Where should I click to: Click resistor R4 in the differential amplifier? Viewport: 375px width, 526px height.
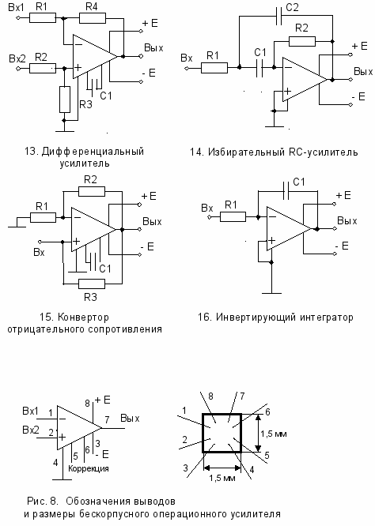tap(93, 18)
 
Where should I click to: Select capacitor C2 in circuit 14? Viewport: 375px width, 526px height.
tap(279, 16)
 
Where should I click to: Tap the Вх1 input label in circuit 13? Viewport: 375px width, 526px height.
tap(16, 7)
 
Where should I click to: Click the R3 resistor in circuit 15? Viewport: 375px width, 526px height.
tap(92, 284)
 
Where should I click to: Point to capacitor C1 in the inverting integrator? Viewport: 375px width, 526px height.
tap(286, 191)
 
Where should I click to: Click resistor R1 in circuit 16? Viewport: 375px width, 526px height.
tap(233, 216)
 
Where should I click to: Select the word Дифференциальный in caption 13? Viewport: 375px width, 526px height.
tap(93, 152)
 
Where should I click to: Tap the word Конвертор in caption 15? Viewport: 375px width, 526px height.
tap(83, 317)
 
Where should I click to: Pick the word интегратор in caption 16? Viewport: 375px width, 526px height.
tap(322, 317)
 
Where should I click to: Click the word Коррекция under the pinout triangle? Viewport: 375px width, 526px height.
tap(89, 468)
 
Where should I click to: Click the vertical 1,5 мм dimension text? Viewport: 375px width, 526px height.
tap(274, 434)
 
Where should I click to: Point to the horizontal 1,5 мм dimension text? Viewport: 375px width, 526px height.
tap(222, 478)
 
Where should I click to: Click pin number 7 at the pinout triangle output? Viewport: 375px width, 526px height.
tap(107, 419)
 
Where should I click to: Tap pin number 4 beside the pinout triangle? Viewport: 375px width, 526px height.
tap(55, 463)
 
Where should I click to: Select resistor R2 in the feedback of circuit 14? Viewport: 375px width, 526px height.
tap(302, 42)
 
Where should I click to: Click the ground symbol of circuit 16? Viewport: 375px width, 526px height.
tap(271, 293)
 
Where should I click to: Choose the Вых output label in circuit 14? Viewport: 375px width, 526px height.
tap(363, 71)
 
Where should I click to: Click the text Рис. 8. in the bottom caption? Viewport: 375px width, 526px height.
tap(43, 502)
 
